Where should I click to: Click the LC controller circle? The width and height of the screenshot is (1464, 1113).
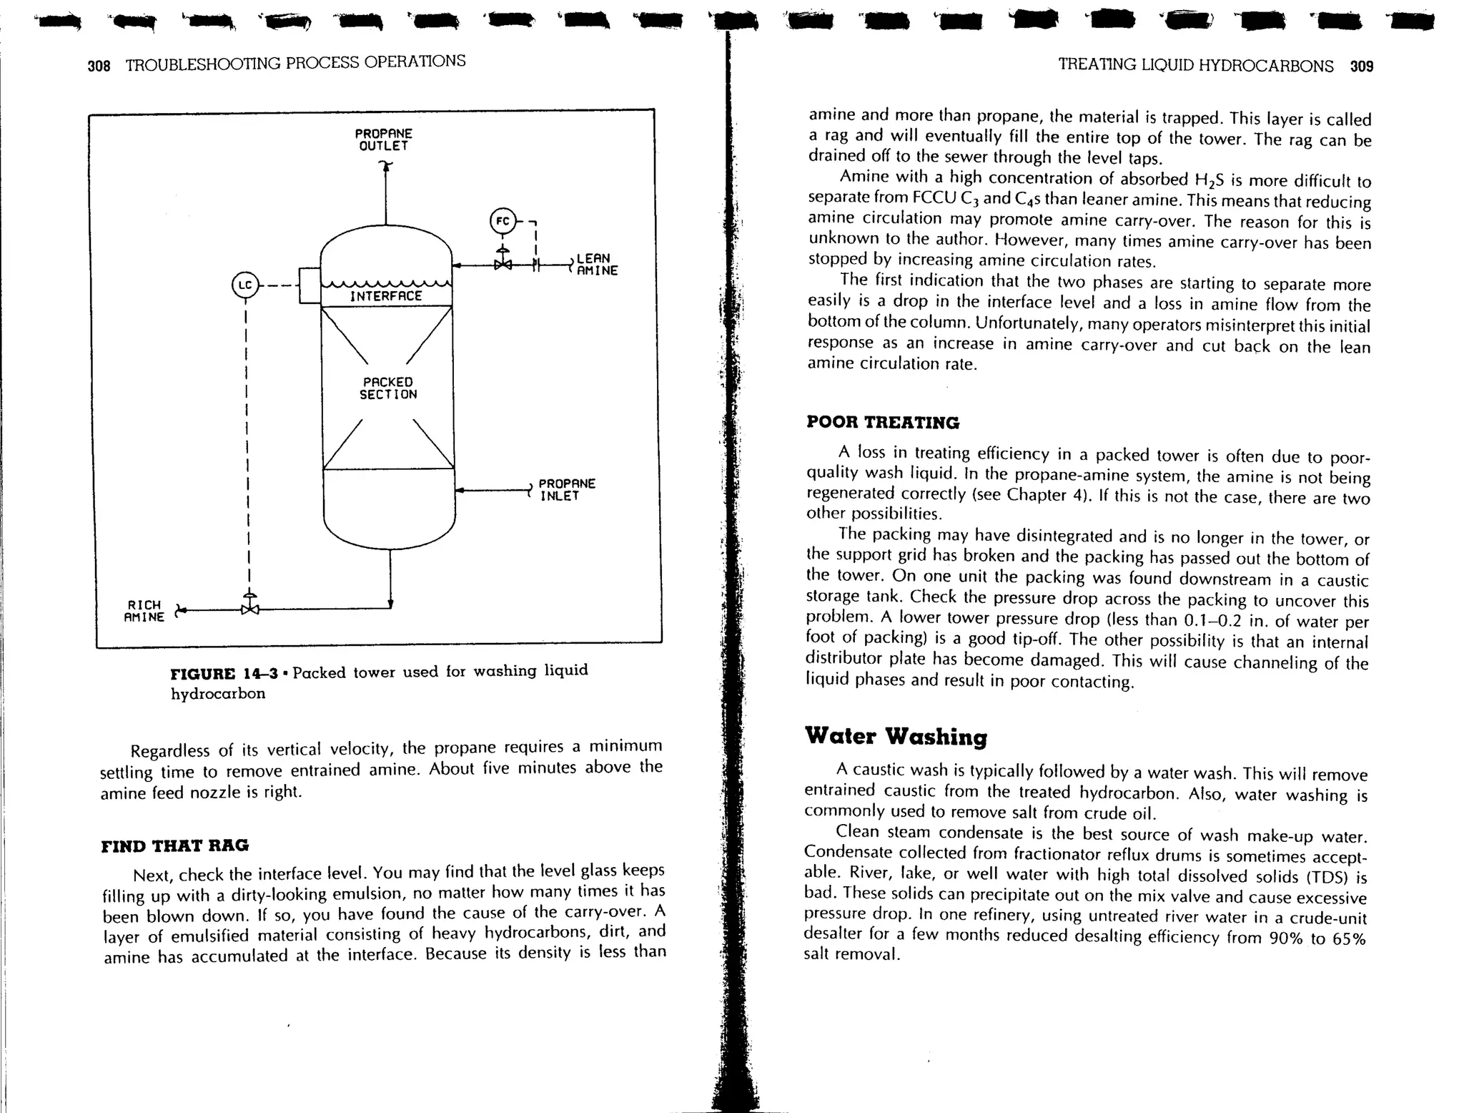pyautogui.click(x=245, y=285)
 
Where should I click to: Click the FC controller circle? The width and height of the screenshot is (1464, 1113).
pyautogui.click(x=503, y=221)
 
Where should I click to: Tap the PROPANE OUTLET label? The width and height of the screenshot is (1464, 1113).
pyautogui.click(x=384, y=140)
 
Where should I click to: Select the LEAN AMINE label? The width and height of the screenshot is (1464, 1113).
pyautogui.click(x=596, y=265)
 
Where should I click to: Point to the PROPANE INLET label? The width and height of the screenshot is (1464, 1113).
pyautogui.click(x=566, y=490)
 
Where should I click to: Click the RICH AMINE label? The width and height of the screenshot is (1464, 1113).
pyautogui.click(x=144, y=612)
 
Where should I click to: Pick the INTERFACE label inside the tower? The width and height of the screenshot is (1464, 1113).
pyautogui.click(x=386, y=296)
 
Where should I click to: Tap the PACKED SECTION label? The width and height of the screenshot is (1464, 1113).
pyautogui.click(x=387, y=388)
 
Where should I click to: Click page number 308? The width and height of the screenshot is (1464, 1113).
pyautogui.click(x=99, y=67)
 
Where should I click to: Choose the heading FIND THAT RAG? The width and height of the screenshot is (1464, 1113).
pyautogui.click(x=175, y=845)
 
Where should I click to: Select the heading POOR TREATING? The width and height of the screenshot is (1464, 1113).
pyautogui.click(x=883, y=422)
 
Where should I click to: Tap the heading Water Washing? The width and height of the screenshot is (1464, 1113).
pyautogui.click(x=896, y=736)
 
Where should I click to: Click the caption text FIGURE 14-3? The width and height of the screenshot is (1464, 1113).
pyautogui.click(x=224, y=674)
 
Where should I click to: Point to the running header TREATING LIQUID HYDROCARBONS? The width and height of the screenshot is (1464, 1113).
pyautogui.click(x=1195, y=66)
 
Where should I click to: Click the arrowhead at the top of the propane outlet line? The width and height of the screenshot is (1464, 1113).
pyautogui.click(x=386, y=166)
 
